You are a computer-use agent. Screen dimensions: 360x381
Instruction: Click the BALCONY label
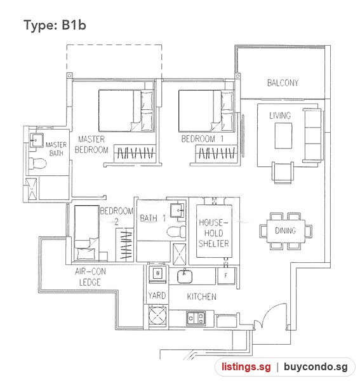[283, 83]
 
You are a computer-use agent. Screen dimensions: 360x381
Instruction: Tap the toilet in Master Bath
[37, 163]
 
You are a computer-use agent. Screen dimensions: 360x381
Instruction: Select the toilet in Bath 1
[177, 231]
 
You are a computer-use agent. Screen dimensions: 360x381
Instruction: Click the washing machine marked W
[157, 273]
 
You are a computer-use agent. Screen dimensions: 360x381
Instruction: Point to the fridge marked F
[226, 276]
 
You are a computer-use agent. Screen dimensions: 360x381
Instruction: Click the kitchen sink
[185, 276]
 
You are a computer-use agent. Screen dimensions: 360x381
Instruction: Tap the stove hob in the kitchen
[196, 318]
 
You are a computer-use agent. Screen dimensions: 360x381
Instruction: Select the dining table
[286, 231]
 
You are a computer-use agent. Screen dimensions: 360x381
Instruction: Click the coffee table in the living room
[283, 136]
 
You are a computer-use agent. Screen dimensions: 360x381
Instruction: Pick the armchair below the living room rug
[283, 173]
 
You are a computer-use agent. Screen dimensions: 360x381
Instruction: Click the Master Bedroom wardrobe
[135, 152]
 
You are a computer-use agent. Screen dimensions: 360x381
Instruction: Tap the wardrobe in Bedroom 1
[217, 152]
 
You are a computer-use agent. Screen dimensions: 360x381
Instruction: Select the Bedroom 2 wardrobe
[124, 244]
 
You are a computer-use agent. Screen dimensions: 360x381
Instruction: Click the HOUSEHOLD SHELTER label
[214, 233]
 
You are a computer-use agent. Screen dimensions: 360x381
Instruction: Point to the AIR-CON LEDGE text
[90, 277]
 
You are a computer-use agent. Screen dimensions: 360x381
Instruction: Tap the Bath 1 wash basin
[178, 210]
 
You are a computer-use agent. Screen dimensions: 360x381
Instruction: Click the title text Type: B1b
[55, 25]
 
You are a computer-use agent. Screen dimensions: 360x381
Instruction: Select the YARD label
[157, 295]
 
